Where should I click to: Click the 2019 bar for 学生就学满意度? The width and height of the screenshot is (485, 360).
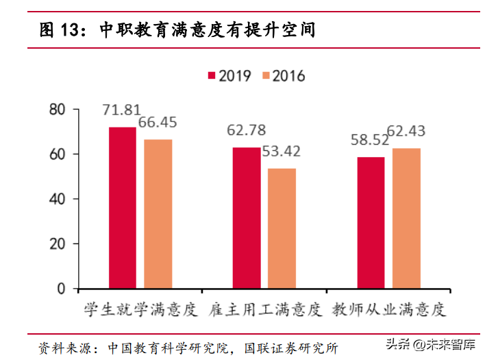tap(122, 208)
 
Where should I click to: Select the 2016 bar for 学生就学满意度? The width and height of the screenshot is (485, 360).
tap(158, 213)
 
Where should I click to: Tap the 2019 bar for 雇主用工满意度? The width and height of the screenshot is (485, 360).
tap(246, 218)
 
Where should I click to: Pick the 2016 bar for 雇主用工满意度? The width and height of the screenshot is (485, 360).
tap(282, 228)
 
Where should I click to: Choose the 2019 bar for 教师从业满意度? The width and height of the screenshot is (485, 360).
tap(371, 223)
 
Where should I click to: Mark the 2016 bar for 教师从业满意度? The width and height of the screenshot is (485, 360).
tap(406, 218)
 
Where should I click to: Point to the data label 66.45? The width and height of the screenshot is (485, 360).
tap(158, 123)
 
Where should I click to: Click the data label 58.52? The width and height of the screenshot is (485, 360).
tap(370, 140)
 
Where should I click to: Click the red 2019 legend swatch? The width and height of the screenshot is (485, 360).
tap(212, 75)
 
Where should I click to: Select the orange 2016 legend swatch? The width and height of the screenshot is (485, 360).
tap(265, 75)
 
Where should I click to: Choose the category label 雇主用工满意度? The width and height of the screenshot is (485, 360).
tap(264, 310)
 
